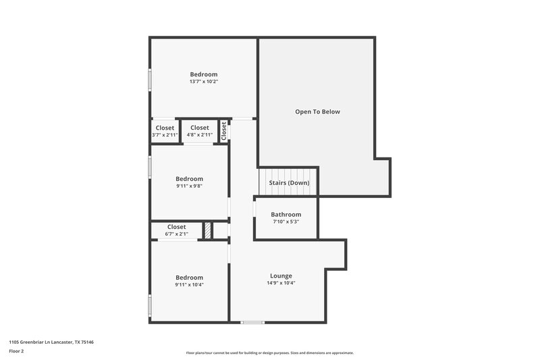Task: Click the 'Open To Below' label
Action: (317, 111)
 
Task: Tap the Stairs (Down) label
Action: (289, 183)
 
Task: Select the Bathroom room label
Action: (286, 214)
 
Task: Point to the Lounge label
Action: (281, 276)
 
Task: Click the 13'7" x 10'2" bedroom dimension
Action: (203, 82)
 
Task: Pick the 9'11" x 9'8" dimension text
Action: (189, 186)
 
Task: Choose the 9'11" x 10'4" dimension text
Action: (189, 284)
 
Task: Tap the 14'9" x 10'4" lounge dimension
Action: (281, 283)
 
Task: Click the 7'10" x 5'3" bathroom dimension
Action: (286, 222)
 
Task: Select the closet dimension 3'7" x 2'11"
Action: (165, 135)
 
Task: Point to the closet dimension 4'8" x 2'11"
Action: (199, 135)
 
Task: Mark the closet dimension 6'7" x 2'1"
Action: (176, 234)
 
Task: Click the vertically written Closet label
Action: (223, 130)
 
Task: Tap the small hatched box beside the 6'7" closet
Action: (208, 230)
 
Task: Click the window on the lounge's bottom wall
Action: (253, 322)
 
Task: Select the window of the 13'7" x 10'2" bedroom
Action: (150, 80)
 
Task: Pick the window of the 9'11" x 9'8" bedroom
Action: (150, 166)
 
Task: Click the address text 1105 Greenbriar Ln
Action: (51, 342)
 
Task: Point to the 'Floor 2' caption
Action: (17, 351)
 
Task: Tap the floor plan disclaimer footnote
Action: (269, 353)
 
